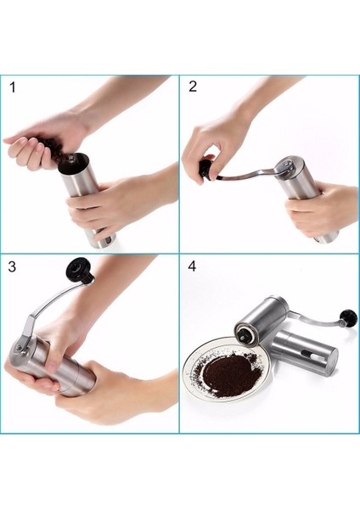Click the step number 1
[x=13, y=87]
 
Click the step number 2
[x=193, y=87]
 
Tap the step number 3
[x=12, y=266]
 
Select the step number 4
[x=192, y=266]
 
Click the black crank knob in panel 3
[x=79, y=269]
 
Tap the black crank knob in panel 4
[x=348, y=316]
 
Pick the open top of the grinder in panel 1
[x=73, y=163]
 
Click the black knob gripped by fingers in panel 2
[x=206, y=168]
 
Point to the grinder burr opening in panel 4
[x=245, y=335]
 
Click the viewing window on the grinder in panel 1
[x=110, y=241]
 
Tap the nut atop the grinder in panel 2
[x=289, y=165]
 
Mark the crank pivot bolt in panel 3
[x=20, y=348]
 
